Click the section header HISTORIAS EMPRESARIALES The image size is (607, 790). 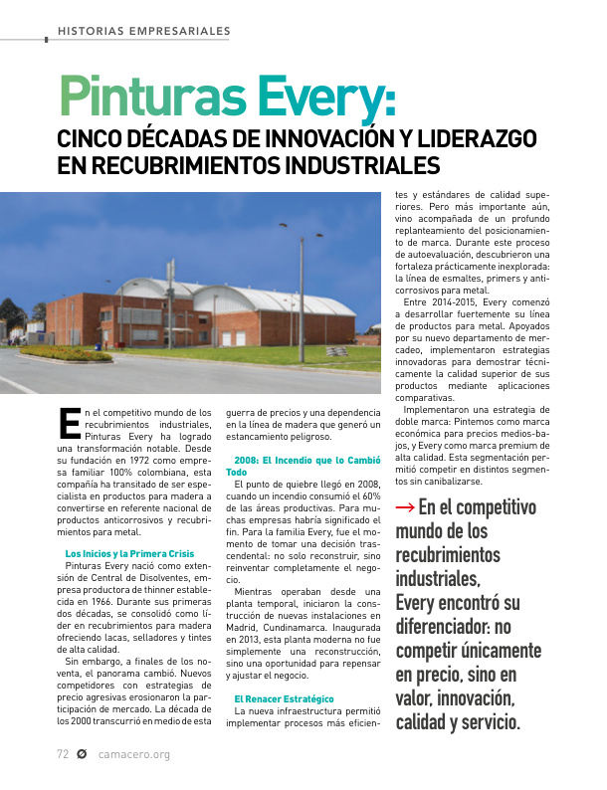[144, 32]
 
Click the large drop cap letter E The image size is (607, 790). [69, 422]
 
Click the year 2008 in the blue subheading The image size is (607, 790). [246, 461]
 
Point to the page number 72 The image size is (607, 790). [62, 754]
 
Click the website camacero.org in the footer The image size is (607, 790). [134, 754]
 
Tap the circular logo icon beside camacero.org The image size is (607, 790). [83, 754]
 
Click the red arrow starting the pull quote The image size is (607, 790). [405, 506]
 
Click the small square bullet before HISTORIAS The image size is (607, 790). [47, 41]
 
